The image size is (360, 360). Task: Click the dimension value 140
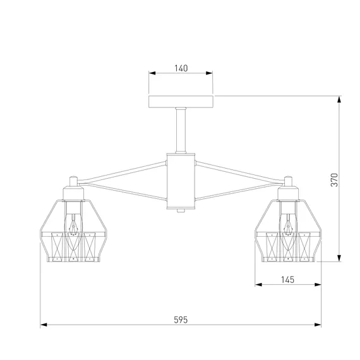(x=181, y=68)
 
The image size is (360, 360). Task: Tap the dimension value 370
(x=334, y=180)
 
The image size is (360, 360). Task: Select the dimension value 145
(x=287, y=280)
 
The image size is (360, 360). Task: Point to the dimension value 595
(x=181, y=320)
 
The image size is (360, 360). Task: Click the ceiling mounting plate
(x=181, y=102)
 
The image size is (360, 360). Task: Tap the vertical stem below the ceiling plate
(x=181, y=130)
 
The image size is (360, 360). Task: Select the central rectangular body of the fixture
(x=181, y=181)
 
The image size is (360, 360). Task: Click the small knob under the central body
(x=181, y=210)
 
